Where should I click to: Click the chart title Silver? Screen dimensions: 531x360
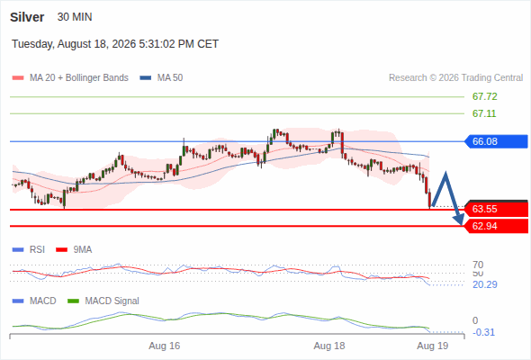tap(27, 17)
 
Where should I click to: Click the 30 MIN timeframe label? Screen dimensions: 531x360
tap(75, 17)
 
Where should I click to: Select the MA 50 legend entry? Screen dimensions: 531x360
tap(161, 78)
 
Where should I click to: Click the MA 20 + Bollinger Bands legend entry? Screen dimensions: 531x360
tap(70, 78)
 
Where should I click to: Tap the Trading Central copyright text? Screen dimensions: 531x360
tap(455, 78)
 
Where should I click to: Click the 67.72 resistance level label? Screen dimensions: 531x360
tap(484, 96)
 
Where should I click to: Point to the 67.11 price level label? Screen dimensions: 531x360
tap(484, 113)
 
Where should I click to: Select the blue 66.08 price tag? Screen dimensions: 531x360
tap(496, 141)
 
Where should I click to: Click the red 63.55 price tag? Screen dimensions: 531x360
tap(496, 209)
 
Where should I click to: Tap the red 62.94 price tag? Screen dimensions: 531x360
tap(496, 226)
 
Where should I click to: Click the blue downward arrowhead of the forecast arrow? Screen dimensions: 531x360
tap(459, 220)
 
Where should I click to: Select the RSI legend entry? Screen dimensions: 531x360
tap(29, 249)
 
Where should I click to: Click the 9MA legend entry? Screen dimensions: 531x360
tap(74, 249)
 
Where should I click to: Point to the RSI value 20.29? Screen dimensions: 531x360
tap(485, 284)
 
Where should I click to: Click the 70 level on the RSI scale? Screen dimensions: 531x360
tap(478, 265)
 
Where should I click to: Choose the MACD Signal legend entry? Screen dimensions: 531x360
tap(103, 301)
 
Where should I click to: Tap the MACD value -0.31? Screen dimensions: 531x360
tap(483, 332)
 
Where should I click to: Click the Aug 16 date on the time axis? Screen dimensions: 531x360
tap(164, 346)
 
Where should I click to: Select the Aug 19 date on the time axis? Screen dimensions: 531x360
tap(433, 346)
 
